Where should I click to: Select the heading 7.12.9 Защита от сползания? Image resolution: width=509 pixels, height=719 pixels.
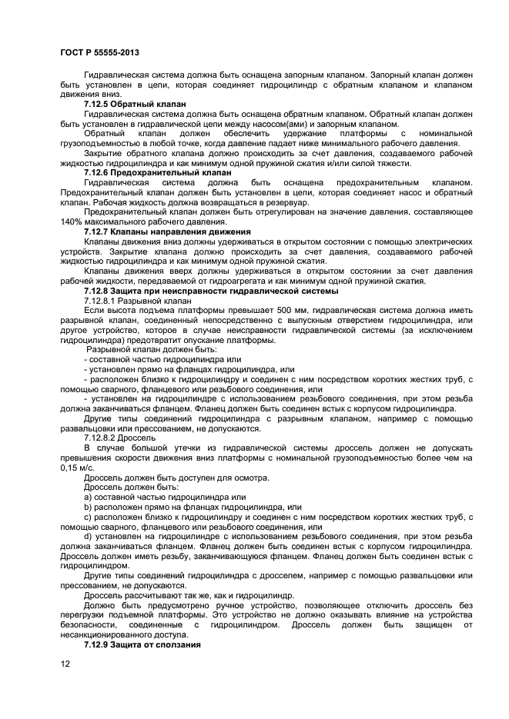[142, 644]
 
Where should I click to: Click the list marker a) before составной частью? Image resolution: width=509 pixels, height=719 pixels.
[88, 496]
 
